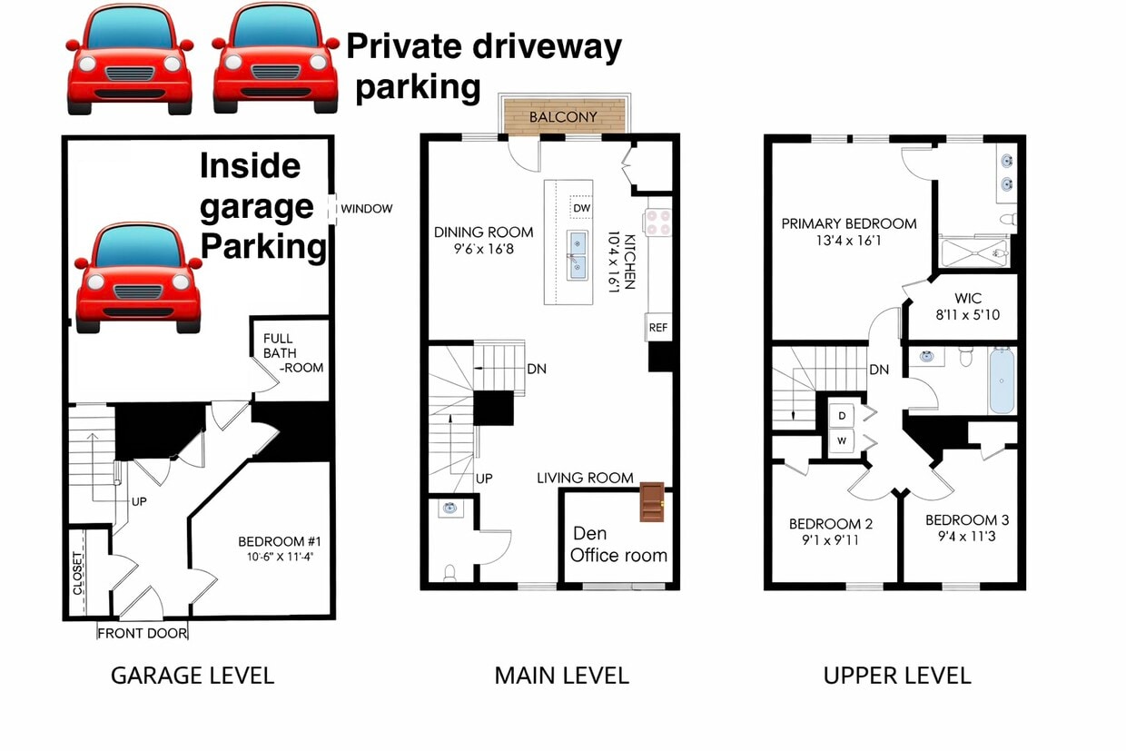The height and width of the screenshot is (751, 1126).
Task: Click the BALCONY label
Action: pos(563,117)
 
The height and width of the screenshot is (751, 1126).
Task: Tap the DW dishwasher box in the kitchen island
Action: pos(581,208)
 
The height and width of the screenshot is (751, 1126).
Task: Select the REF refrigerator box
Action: pos(657,328)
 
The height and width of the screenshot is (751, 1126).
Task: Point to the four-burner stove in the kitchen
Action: pos(657,222)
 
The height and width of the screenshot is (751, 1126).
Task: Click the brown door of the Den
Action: pos(652,502)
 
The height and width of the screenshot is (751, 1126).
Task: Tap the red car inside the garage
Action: pos(138,278)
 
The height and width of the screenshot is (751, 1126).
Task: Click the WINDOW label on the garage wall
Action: pos(366,209)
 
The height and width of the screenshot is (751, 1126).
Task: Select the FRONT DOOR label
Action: pos(142,634)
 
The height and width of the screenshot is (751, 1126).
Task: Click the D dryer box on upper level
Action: pos(842,416)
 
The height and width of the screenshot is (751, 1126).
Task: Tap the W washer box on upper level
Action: pos(842,441)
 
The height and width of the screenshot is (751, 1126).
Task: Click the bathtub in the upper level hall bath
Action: pos(1001,381)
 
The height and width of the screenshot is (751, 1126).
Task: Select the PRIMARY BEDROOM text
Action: pos(848,223)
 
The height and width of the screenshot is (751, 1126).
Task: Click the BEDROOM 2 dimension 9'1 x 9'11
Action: pos(830,540)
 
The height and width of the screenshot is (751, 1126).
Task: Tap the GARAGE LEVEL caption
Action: pos(192,676)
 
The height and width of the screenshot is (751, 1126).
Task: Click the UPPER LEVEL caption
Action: pos(896,676)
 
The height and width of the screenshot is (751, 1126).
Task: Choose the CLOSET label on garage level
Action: pos(78,573)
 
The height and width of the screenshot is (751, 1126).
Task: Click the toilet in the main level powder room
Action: pos(449,572)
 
